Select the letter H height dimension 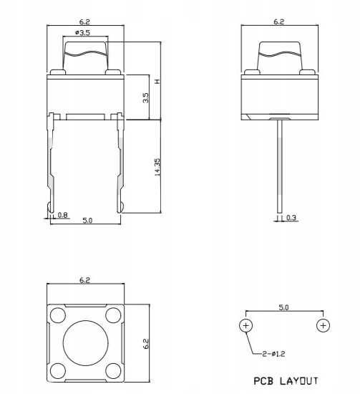coord(157,81)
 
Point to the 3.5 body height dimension coord(146,97)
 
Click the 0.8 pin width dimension coord(62,215)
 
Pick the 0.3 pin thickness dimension coord(291,217)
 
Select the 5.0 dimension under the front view coord(87,221)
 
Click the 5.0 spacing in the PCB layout coord(283,307)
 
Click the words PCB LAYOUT coord(284,380)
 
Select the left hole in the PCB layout coord(245,326)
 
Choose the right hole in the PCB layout coord(323,326)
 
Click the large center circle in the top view coord(86,343)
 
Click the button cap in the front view coord(86,55)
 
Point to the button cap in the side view coord(279,55)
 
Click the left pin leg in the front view coord(53,165)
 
